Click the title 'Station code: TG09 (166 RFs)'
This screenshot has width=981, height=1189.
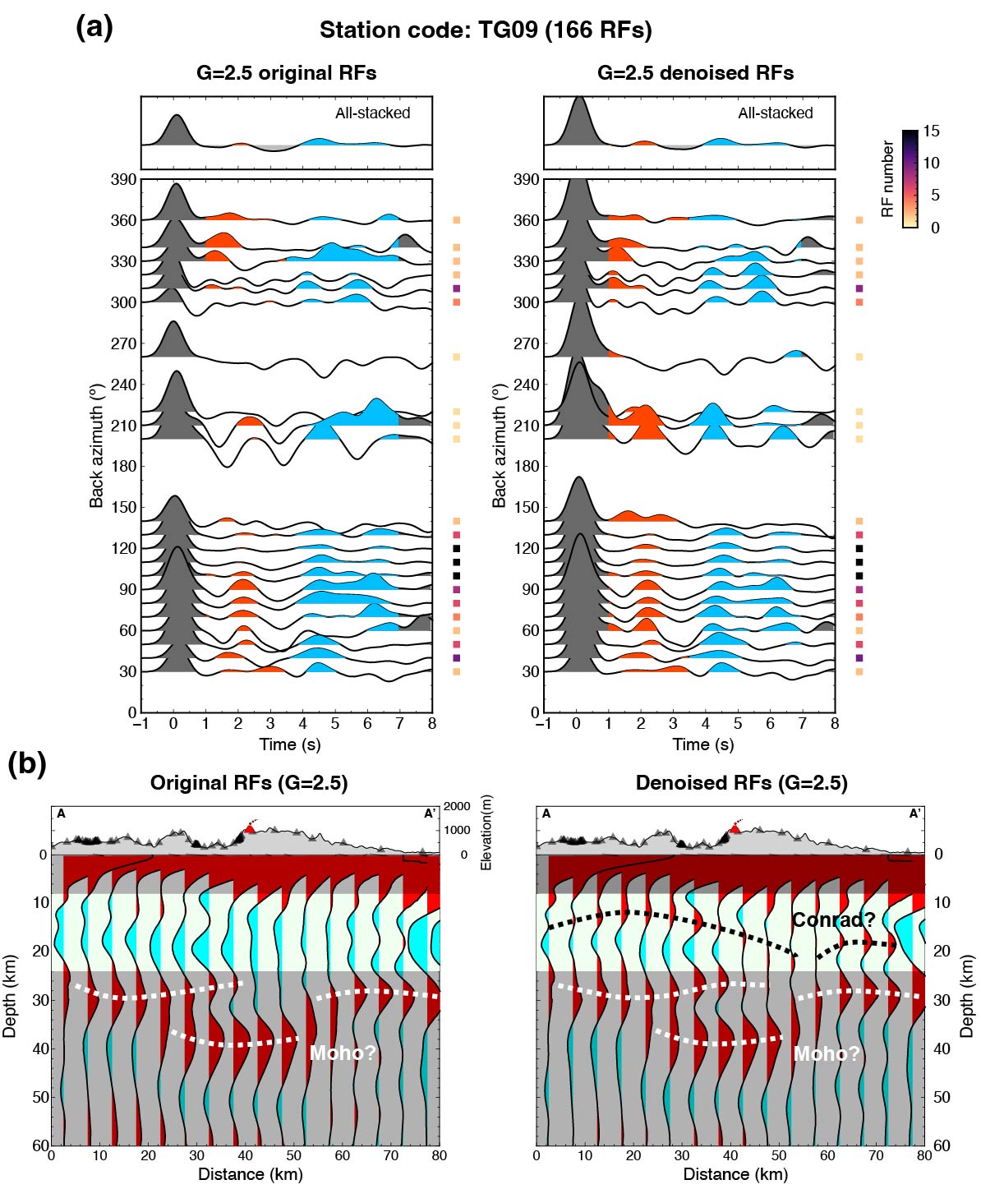486,30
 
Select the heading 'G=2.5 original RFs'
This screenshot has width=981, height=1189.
286,73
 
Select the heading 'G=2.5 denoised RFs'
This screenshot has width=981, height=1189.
695,73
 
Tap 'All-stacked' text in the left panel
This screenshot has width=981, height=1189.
372,113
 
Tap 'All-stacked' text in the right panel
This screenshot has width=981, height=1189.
775,113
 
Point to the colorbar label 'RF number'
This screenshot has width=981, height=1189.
887,178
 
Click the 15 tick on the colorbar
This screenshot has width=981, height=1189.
931,131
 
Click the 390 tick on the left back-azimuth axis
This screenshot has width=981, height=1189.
124,180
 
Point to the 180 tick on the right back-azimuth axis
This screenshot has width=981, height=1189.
527,467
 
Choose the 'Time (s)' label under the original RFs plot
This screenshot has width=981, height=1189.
290,744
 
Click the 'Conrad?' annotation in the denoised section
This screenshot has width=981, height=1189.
833,919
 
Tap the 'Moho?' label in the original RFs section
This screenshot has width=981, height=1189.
343,1053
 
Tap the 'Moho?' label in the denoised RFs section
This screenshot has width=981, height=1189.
827,1053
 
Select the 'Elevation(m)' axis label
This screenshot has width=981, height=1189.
486,832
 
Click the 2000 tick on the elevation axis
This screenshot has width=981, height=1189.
457,807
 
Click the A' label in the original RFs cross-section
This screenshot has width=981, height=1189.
430,813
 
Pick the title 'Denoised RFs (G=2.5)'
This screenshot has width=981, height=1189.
741,783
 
